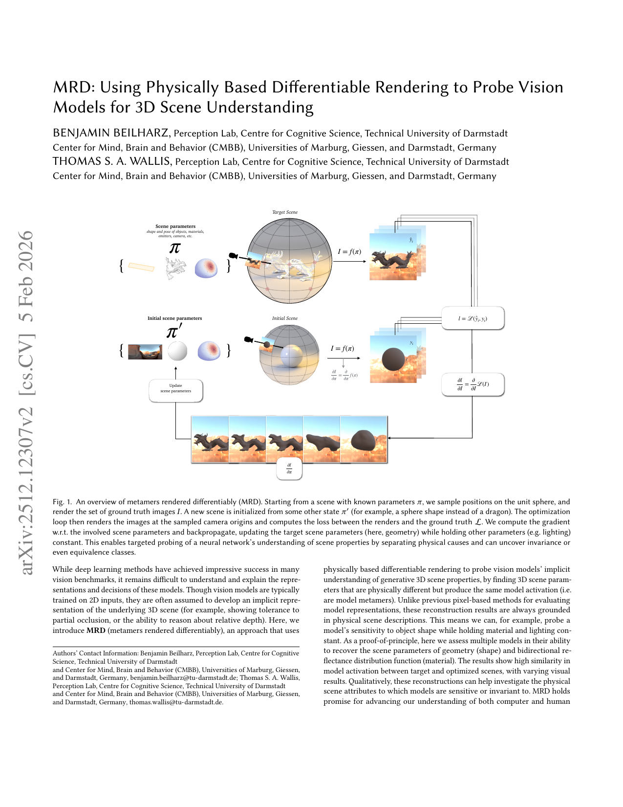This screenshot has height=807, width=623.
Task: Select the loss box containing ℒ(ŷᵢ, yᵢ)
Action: (473, 318)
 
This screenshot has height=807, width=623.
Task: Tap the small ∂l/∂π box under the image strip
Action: (289, 469)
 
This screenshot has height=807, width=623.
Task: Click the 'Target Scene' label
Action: (285, 212)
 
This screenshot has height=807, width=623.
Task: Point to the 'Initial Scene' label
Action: (285, 318)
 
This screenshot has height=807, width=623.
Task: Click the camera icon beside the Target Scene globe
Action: (234, 256)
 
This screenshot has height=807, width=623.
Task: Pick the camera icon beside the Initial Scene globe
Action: (249, 339)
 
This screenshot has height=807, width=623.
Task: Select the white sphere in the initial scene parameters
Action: (177, 351)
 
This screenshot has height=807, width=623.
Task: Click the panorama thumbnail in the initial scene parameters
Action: (145, 352)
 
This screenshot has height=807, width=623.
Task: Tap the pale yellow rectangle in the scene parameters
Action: (141, 267)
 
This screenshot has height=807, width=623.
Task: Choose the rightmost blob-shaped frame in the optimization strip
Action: (364, 439)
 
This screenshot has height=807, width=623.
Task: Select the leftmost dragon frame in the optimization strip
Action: (210, 439)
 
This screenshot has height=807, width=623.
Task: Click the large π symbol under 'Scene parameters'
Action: (175, 248)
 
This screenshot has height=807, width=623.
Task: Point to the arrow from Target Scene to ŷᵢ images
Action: (349, 261)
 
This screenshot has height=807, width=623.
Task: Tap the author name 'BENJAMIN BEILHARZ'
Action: (111, 133)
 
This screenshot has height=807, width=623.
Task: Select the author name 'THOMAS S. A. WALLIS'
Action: (112, 161)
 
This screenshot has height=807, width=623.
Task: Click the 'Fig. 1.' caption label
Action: (62, 502)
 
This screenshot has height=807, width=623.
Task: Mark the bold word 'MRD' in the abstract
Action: (96, 630)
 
